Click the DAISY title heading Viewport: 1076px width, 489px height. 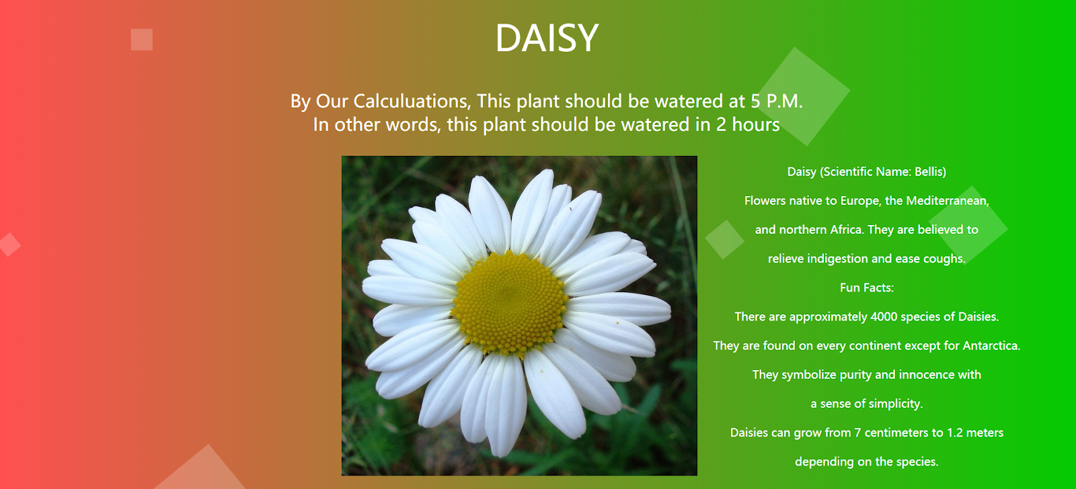click(x=547, y=38)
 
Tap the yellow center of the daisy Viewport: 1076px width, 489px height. click(x=510, y=304)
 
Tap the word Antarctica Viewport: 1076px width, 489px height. click(x=991, y=345)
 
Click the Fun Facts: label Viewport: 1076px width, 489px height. click(x=867, y=287)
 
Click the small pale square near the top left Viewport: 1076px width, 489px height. click(x=142, y=40)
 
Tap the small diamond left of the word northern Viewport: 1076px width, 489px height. click(x=724, y=239)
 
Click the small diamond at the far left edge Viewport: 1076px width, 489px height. click(x=9, y=244)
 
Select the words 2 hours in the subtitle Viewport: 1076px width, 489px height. click(x=748, y=125)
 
